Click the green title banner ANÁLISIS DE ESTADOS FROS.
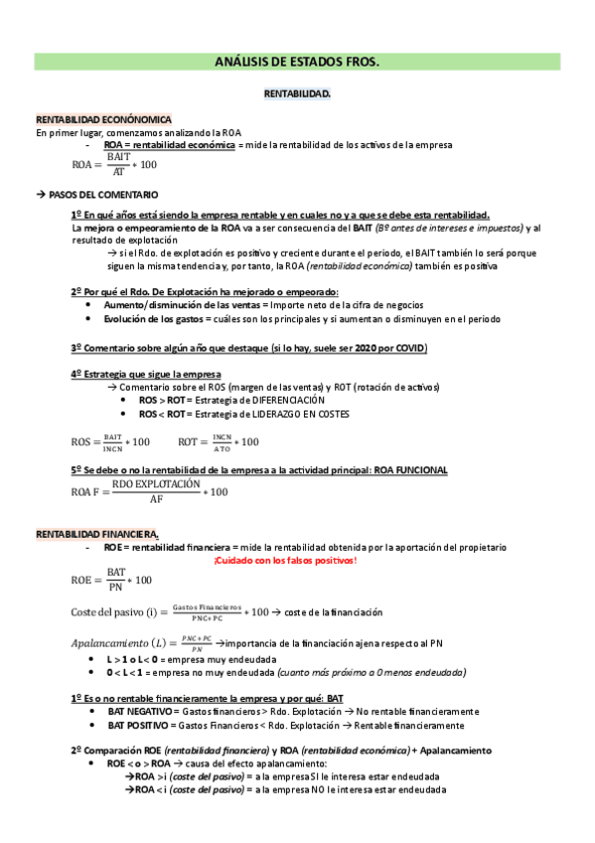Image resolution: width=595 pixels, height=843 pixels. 297,62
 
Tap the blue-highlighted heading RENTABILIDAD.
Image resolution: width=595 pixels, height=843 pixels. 297,93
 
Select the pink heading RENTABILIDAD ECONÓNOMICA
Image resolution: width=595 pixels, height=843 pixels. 103,119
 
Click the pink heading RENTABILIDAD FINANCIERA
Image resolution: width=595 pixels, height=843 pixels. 96,535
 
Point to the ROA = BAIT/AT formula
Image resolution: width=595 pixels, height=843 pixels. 115,165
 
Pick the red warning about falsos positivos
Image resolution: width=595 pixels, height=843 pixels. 284,561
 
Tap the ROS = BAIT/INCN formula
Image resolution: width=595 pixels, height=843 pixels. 110,440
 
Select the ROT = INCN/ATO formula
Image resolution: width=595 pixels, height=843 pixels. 219,440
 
